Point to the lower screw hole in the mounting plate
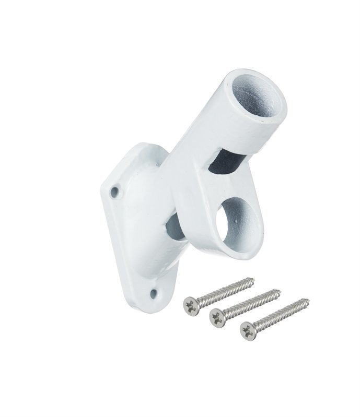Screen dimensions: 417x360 point(153,294)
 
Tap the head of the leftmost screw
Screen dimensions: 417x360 point(191,304)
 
